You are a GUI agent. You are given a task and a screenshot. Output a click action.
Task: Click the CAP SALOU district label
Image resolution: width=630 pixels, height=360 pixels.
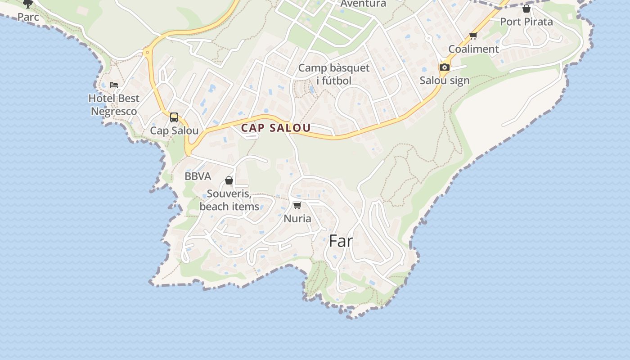[276, 128]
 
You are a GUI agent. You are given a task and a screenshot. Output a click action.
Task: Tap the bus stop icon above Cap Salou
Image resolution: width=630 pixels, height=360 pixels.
[174, 117]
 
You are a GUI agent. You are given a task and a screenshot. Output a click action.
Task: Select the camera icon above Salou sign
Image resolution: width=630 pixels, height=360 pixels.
[444, 67]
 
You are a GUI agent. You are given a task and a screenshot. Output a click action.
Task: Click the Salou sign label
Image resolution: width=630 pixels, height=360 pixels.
[444, 81]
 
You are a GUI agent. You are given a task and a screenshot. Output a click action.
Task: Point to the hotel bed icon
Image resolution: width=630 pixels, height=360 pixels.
[114, 85]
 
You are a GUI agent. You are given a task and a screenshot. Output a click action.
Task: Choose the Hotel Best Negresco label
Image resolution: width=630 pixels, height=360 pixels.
[114, 104]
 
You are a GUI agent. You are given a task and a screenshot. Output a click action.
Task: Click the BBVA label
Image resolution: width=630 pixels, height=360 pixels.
[198, 176]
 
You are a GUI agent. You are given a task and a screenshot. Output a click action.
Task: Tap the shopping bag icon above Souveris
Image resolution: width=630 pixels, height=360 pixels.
[229, 180]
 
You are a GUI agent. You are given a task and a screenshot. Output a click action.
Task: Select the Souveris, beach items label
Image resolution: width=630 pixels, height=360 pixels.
[229, 200]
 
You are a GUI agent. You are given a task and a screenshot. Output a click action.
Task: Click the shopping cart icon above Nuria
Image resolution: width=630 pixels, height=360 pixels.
[297, 206]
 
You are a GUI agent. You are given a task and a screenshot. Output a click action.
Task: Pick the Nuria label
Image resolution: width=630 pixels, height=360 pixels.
[297, 219]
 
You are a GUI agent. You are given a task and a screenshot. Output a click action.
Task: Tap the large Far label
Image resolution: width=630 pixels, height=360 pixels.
[341, 241]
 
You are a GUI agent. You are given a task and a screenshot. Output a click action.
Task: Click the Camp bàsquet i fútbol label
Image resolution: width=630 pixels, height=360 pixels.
[334, 74]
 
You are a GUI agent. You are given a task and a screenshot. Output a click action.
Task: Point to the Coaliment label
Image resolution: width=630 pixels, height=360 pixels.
[473, 49]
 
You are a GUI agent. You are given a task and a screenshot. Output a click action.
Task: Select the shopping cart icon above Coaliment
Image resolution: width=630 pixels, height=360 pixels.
[473, 36]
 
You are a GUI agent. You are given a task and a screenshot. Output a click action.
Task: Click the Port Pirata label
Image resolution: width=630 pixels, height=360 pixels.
[526, 22]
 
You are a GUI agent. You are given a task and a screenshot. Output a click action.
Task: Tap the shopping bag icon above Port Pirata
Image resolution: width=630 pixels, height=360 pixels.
[526, 9]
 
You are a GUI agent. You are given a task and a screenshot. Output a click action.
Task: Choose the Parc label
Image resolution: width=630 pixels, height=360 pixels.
[28, 17]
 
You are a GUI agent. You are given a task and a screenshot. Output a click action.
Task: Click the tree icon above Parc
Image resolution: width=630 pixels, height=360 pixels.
[28, 4]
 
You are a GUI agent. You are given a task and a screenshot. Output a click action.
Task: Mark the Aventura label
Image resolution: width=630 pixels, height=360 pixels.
[363, 4]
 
